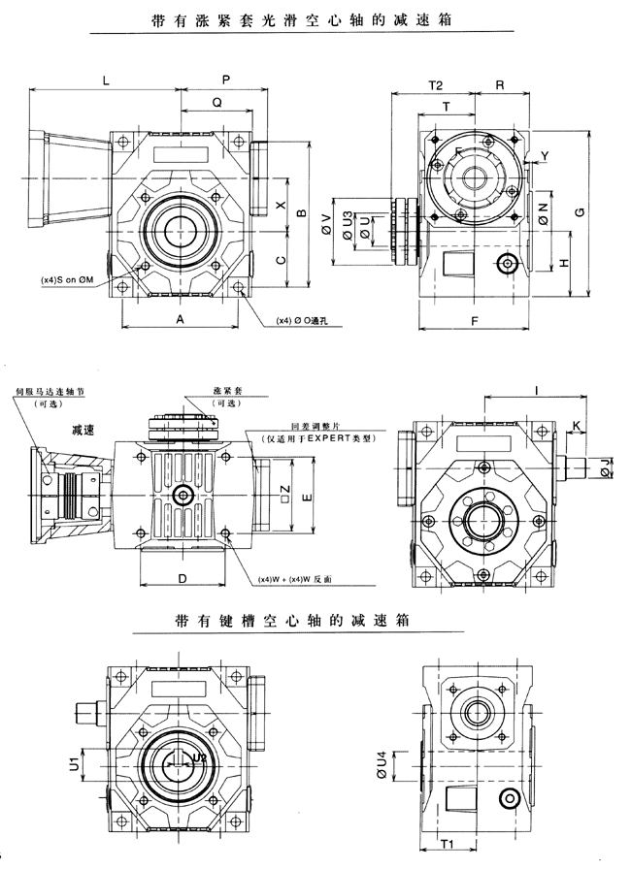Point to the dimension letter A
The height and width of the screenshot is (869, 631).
click(180, 318)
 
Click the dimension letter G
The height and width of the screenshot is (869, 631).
click(580, 211)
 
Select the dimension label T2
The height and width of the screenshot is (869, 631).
click(435, 85)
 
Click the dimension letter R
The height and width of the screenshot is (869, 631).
click(499, 85)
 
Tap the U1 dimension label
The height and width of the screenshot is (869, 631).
click(74, 765)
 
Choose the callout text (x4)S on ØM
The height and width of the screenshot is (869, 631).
click(67, 279)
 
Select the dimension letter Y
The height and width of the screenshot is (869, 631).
click(544, 154)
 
